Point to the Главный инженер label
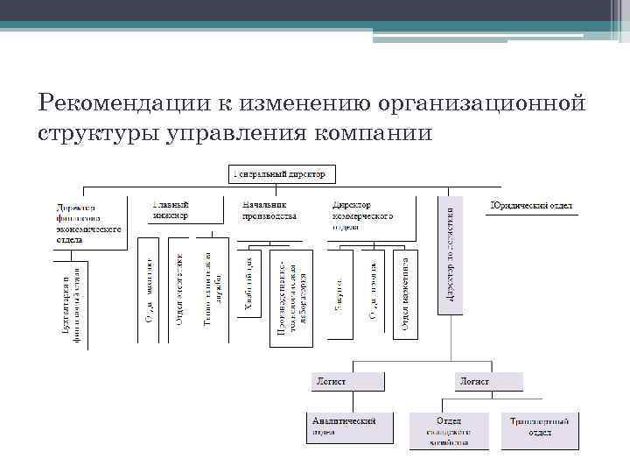(171, 209)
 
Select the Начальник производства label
(269, 209)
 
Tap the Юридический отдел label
(532, 207)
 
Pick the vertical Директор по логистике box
(449, 255)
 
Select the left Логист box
(346, 381)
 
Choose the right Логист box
(487, 381)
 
